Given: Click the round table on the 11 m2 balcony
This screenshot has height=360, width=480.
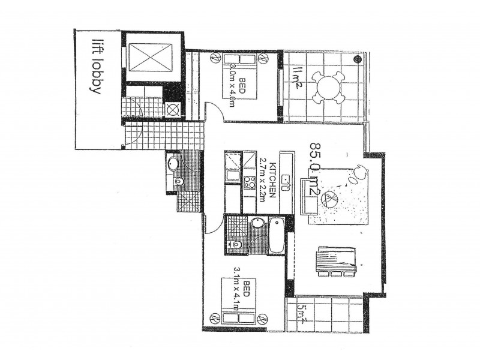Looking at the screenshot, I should [328, 86].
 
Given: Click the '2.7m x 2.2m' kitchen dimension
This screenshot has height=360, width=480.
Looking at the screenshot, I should [263, 179].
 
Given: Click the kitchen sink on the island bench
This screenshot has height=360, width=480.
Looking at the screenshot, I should [286, 181].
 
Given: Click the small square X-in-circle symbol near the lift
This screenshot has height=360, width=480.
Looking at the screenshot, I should [172, 109].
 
